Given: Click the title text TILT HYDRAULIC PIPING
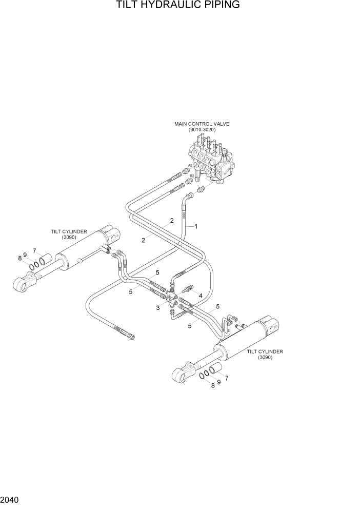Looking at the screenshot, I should [x=178, y=6].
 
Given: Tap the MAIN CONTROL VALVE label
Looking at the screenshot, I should [x=202, y=124].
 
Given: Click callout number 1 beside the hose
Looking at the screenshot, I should [x=196, y=226].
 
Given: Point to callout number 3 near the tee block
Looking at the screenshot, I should [x=158, y=307].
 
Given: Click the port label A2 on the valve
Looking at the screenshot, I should [x=190, y=165].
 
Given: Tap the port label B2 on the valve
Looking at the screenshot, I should [x=192, y=176].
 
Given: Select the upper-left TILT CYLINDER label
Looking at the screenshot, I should [x=69, y=231].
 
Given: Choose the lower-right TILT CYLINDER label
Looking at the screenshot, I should [x=265, y=351].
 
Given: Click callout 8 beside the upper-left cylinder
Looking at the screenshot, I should [x=20, y=258].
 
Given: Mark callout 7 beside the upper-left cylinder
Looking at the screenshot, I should [x=34, y=251].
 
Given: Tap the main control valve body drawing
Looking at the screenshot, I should [x=213, y=162].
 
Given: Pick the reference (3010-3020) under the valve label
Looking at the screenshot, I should [x=202, y=130].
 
